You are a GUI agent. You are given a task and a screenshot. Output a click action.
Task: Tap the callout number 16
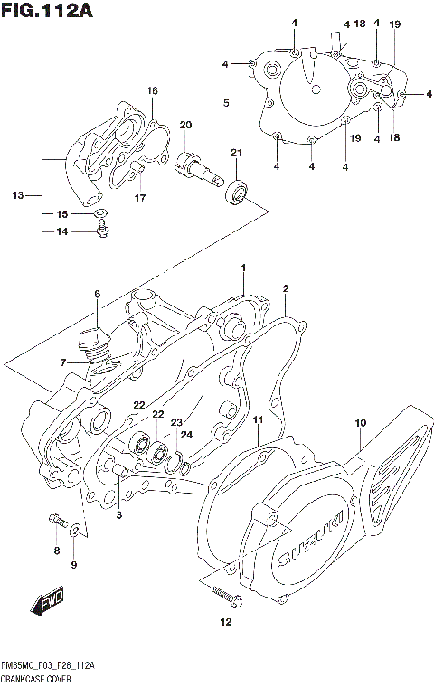click(152, 90)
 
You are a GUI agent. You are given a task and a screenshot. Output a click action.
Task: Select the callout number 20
click(184, 125)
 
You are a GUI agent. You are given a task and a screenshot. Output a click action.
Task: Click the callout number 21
click(235, 152)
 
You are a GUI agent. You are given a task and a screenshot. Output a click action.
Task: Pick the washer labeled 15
click(100, 213)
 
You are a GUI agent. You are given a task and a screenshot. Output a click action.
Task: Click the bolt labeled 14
click(101, 233)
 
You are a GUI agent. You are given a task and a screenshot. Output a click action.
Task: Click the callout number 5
click(225, 103)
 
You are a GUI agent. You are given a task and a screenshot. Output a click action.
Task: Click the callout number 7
click(63, 362)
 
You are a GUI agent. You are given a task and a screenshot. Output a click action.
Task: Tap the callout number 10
click(360, 423)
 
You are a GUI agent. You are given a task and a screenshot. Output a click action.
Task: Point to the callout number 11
click(258, 421)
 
